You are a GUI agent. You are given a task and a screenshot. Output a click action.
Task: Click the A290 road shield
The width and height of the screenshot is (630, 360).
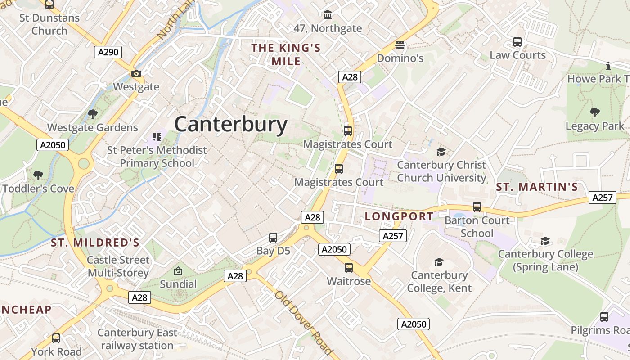(x=108, y=52)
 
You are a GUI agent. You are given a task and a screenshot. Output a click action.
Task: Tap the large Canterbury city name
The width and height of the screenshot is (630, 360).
(x=230, y=124)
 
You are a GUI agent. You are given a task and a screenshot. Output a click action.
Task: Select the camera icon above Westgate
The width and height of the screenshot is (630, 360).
(x=136, y=73)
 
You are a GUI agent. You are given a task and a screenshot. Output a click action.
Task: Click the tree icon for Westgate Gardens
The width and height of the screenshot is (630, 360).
(x=93, y=114)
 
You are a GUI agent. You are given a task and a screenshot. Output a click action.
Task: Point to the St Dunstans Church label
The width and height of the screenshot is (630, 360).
(x=49, y=24)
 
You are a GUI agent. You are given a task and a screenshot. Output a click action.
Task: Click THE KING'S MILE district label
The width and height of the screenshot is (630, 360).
(x=286, y=54)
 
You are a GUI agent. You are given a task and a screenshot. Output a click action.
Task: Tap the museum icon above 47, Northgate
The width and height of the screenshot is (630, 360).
(x=328, y=15)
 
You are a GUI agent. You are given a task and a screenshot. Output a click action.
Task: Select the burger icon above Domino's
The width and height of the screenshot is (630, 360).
(x=400, y=45)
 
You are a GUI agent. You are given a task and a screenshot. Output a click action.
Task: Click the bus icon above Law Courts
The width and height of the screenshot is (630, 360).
(x=517, y=42)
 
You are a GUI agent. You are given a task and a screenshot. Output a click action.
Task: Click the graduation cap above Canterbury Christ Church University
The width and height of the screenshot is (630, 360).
(x=441, y=152)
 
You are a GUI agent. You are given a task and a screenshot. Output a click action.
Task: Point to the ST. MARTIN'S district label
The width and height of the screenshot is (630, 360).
(x=537, y=187)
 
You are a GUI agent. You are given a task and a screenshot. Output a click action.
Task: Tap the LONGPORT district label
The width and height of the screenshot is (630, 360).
(x=399, y=216)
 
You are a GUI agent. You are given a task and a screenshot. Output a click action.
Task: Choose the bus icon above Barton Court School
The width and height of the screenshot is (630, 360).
(x=477, y=207)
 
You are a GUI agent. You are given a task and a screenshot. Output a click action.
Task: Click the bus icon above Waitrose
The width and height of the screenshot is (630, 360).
(x=349, y=268)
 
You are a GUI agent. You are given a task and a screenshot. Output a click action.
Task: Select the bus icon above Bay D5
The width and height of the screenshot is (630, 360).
(x=273, y=238)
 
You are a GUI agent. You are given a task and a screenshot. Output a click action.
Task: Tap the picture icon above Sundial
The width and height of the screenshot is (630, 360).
(x=178, y=271)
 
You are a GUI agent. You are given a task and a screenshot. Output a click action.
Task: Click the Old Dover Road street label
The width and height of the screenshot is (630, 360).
(x=304, y=322)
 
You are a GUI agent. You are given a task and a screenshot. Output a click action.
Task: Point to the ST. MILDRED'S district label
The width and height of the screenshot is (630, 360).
(x=95, y=243)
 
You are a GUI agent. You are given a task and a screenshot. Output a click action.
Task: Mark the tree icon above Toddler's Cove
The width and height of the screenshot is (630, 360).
(x=38, y=175)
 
